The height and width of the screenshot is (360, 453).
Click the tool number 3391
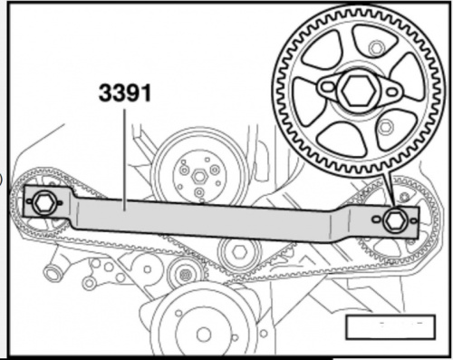point(125,92)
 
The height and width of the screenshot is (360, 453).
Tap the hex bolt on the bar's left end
point(43,202)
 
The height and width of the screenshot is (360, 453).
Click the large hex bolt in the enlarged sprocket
point(358,90)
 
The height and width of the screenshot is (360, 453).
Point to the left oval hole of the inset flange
point(327,87)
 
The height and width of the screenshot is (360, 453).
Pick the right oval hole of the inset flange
point(391,92)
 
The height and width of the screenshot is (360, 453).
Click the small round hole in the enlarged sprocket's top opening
point(376,48)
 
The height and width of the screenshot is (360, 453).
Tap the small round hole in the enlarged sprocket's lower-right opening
point(385,127)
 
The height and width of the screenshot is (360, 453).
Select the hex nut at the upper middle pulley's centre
point(199,177)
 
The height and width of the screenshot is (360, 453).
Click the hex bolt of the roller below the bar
point(239,250)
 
